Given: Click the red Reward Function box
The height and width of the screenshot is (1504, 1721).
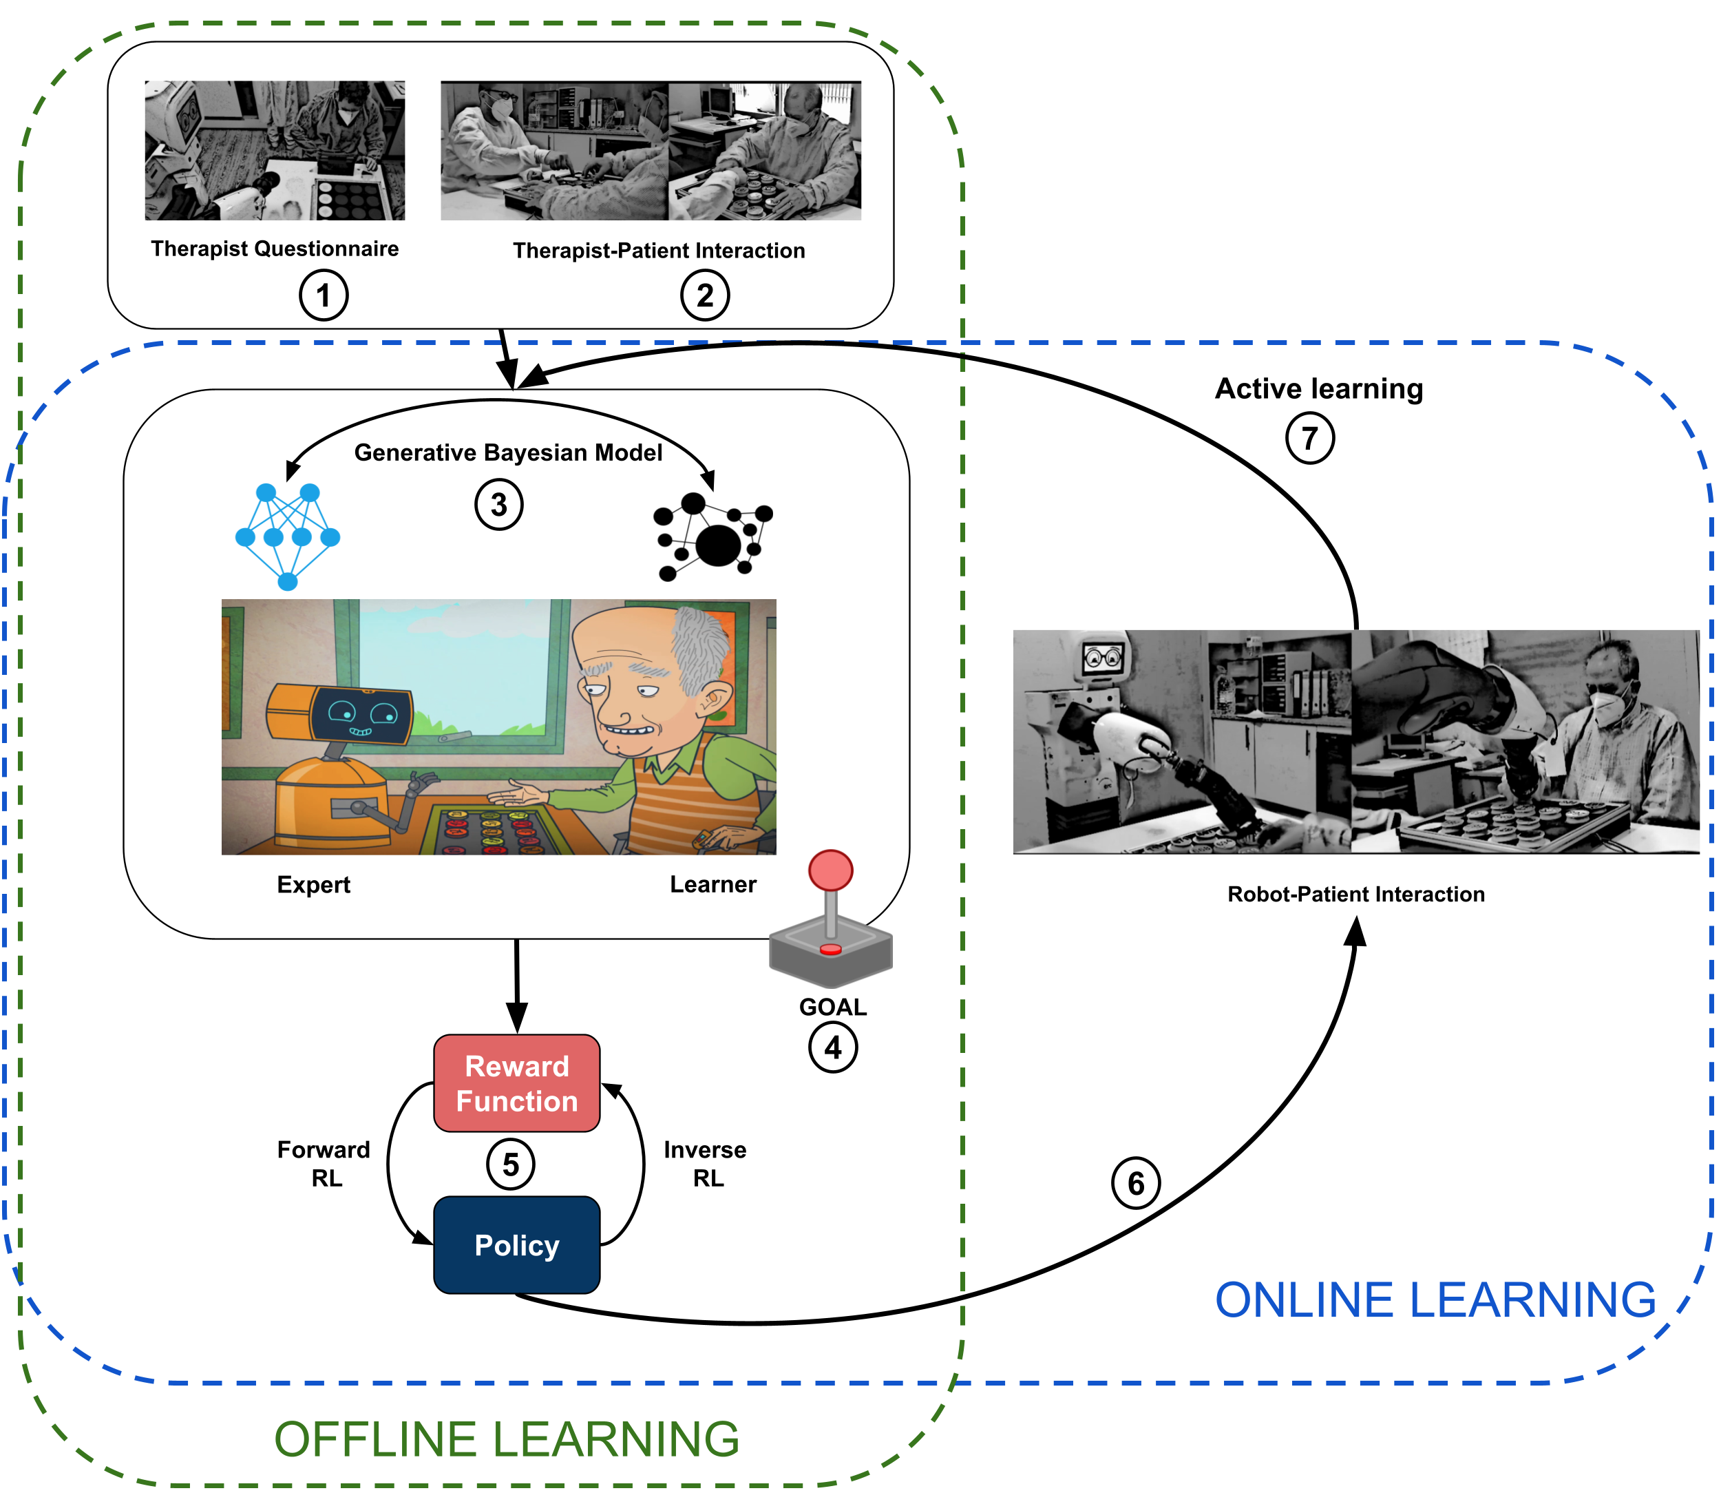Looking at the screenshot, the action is tap(516, 1083).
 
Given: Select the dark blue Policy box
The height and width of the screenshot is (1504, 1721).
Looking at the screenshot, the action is tap(516, 1244).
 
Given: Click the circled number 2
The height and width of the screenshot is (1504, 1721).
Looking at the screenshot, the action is tap(705, 295).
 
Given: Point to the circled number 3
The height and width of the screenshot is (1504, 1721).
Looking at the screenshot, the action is tap(499, 504).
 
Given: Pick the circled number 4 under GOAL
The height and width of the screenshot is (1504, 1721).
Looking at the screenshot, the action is tap(832, 1047).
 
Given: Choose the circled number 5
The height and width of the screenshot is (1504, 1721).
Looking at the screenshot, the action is tap(510, 1164).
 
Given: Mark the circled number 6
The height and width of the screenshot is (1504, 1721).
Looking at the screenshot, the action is tap(1135, 1183).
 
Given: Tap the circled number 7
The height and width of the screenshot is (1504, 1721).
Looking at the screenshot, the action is tap(1310, 438).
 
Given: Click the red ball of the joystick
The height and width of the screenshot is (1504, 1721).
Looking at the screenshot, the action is tap(831, 870).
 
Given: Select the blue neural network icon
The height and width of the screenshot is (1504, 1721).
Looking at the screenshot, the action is tap(288, 536).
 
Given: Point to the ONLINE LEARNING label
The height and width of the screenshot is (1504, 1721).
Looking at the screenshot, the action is tap(1436, 1300).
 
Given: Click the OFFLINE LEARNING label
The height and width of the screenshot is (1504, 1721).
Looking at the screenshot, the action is tap(507, 1439).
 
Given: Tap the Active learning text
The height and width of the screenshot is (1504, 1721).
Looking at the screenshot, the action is tap(1319, 388).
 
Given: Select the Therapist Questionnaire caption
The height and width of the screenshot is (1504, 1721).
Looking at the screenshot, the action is tap(275, 249).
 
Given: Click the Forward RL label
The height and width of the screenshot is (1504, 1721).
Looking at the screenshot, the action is tap(324, 1163).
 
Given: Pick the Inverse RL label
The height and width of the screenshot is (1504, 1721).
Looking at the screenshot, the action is tap(705, 1163).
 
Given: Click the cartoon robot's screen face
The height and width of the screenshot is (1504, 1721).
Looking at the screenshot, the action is tap(361, 715).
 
